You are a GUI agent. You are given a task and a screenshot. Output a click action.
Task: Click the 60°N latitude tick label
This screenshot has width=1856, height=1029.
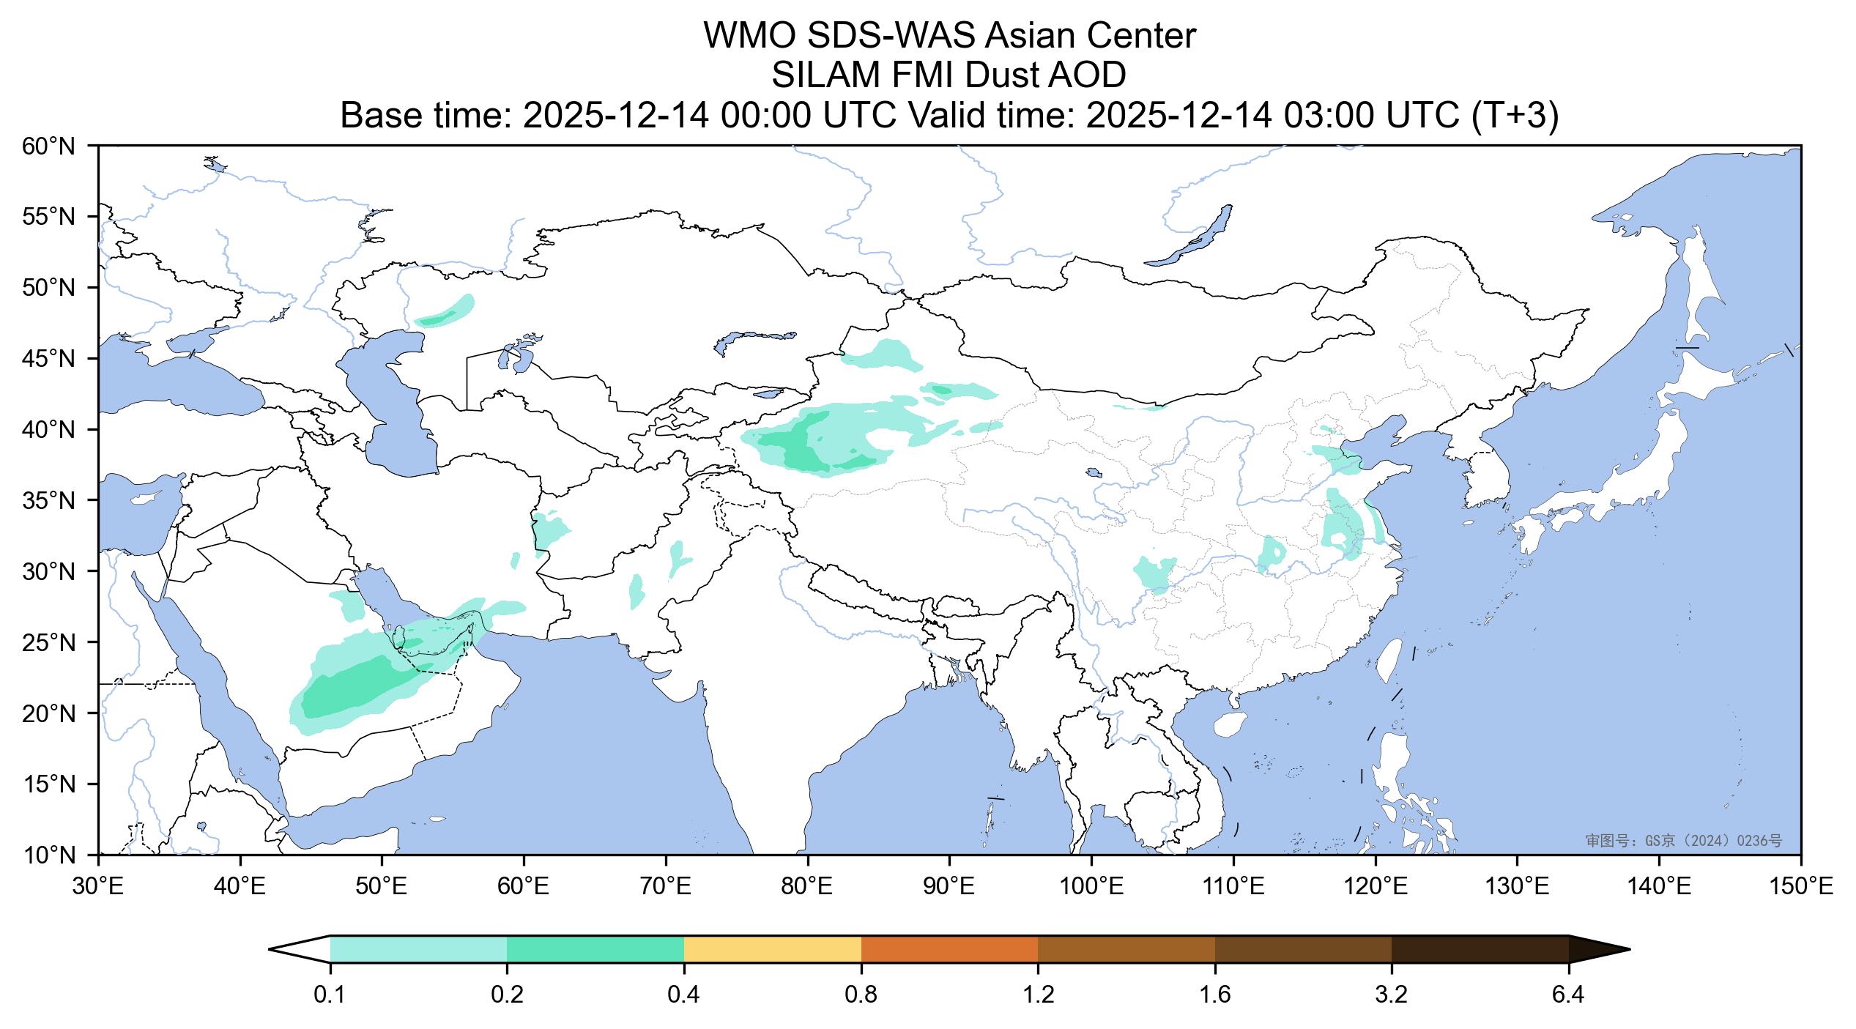pos(48,146)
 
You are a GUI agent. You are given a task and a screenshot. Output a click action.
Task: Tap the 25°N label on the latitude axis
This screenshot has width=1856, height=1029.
pos(48,643)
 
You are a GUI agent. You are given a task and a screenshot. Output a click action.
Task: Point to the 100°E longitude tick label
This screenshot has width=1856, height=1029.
pos(1091,888)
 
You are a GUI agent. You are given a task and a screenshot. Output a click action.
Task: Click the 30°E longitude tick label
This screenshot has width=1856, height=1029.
pos(98,888)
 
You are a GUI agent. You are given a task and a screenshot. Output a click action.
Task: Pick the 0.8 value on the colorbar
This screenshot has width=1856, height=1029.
pos(861,995)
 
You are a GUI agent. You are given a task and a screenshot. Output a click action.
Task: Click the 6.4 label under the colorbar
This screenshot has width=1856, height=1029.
pos(1568,995)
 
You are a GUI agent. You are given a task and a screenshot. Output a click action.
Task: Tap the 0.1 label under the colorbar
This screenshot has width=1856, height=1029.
pos(330,995)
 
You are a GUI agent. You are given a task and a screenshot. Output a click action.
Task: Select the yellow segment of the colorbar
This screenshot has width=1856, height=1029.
pos(772,949)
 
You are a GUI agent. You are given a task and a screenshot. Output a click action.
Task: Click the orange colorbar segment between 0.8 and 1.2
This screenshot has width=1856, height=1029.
pos(949,949)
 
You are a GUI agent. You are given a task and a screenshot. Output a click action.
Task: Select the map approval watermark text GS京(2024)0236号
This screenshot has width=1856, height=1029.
pos(1684,841)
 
